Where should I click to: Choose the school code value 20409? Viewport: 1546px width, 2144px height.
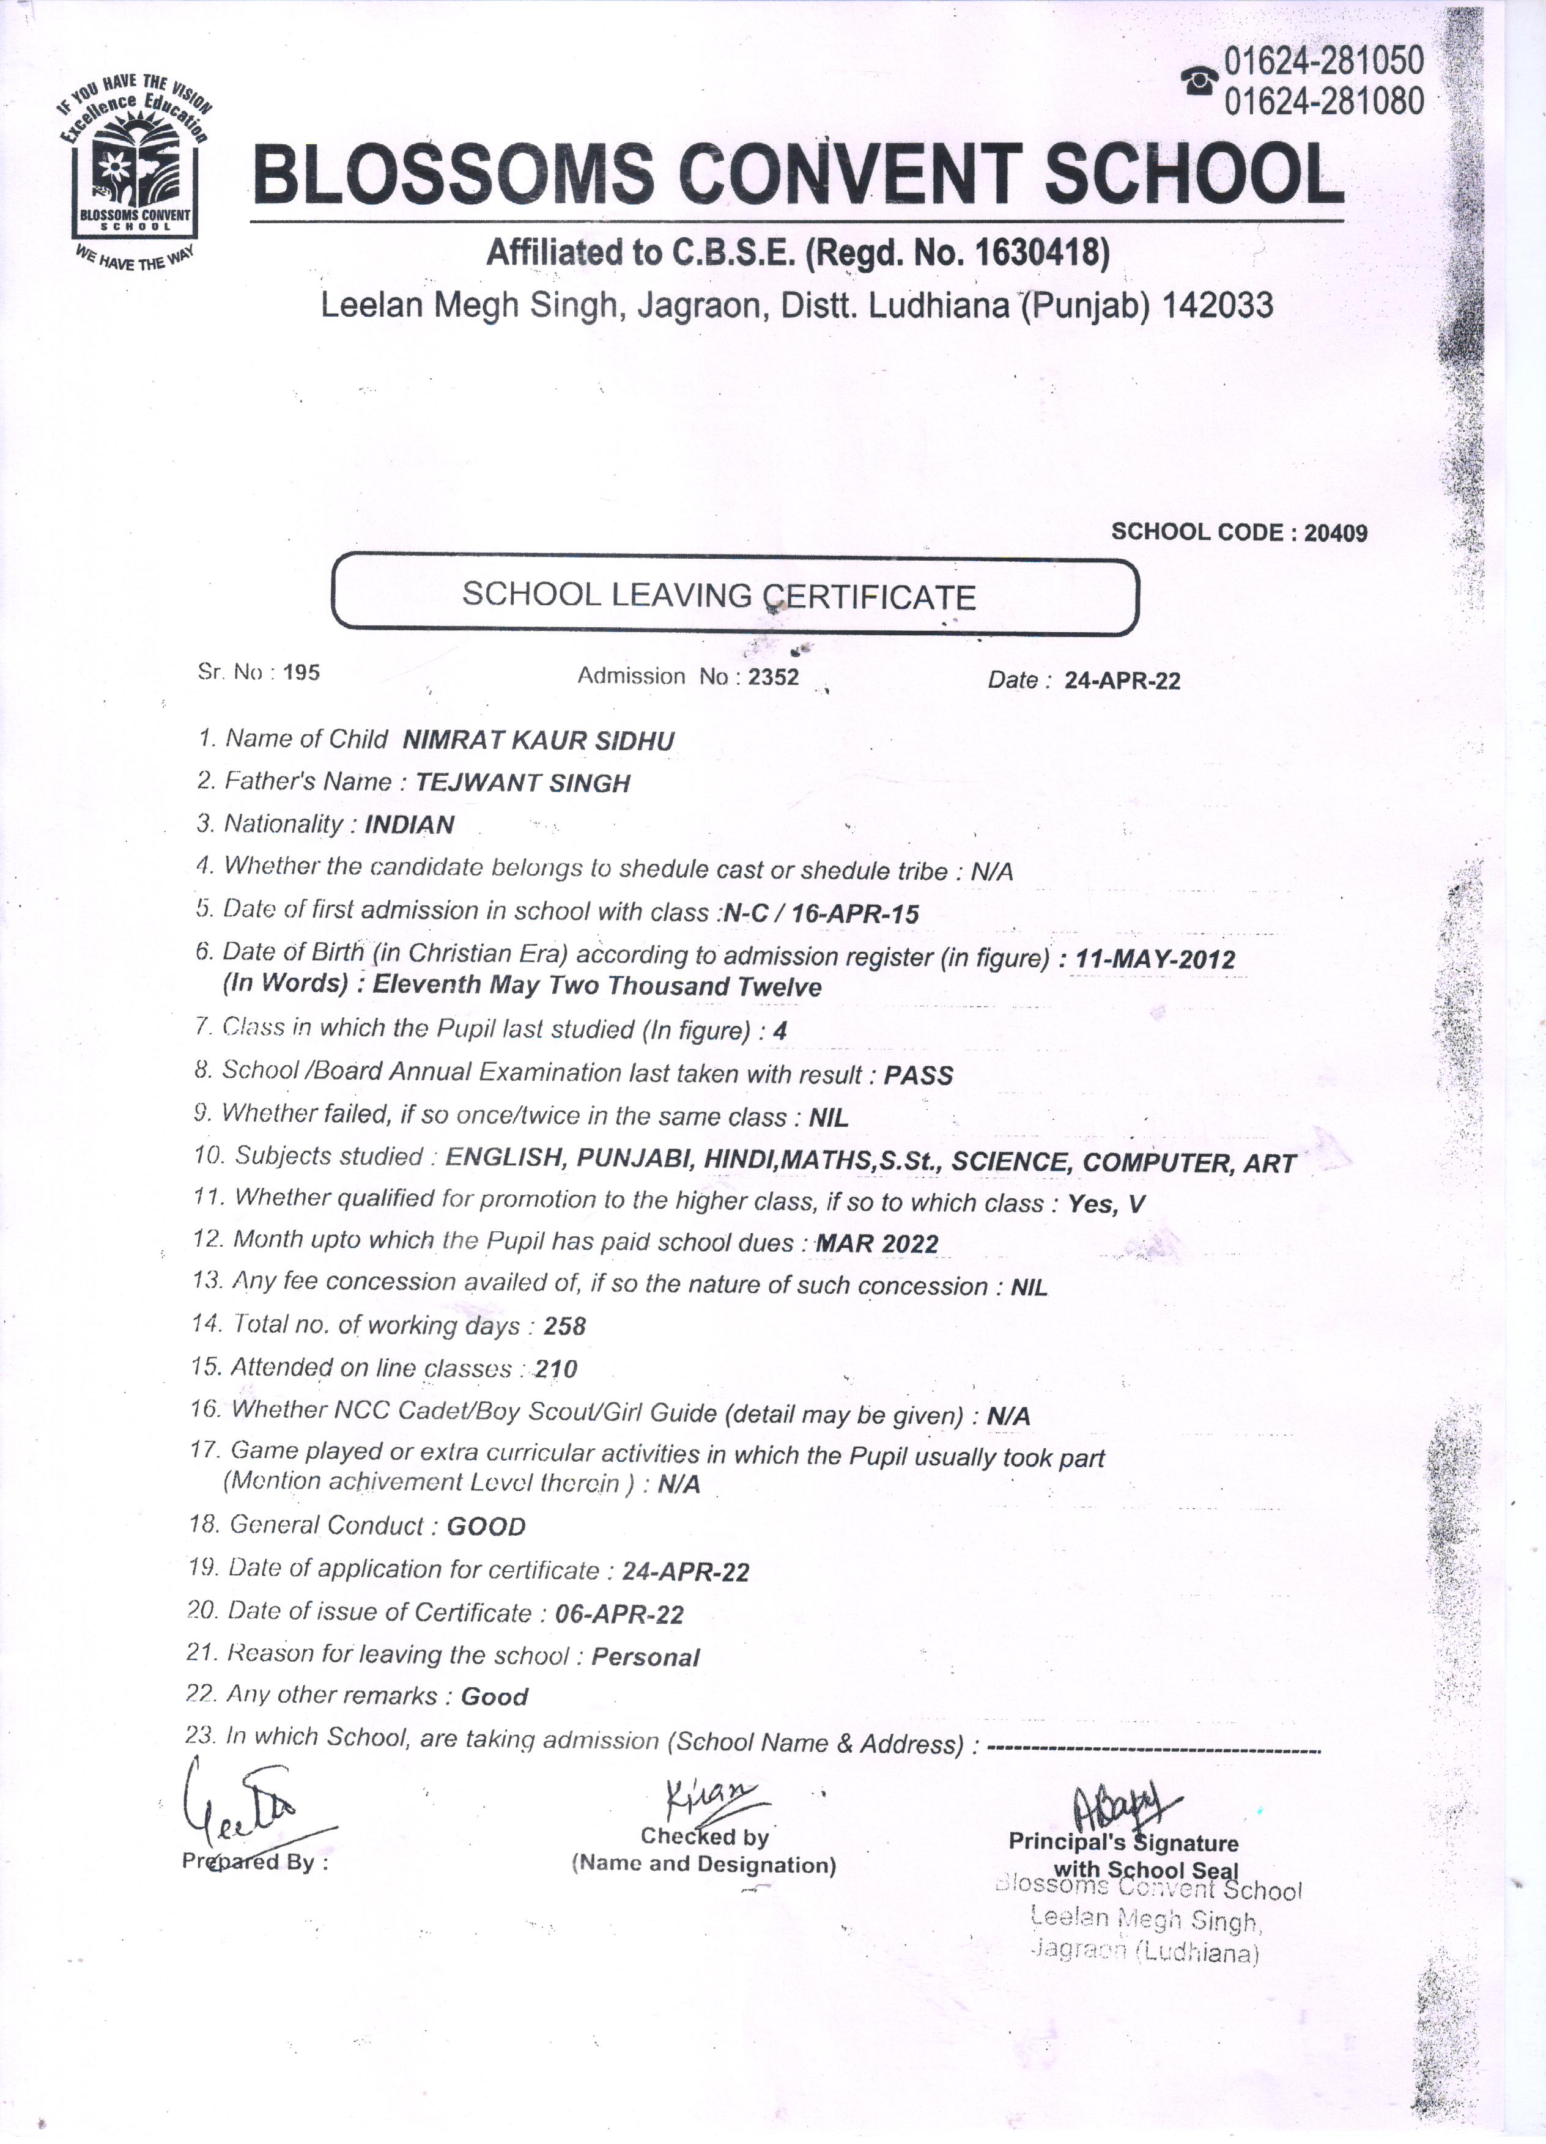(x=1335, y=533)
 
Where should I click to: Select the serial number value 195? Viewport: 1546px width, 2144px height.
(x=301, y=673)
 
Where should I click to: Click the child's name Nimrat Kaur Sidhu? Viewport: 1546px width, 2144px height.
(x=538, y=740)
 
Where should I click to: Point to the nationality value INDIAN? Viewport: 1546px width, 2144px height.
(x=409, y=824)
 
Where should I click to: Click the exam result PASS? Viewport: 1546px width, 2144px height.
(x=918, y=1076)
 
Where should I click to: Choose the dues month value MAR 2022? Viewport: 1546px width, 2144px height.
(x=876, y=1244)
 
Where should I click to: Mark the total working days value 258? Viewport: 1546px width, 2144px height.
(x=564, y=1326)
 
